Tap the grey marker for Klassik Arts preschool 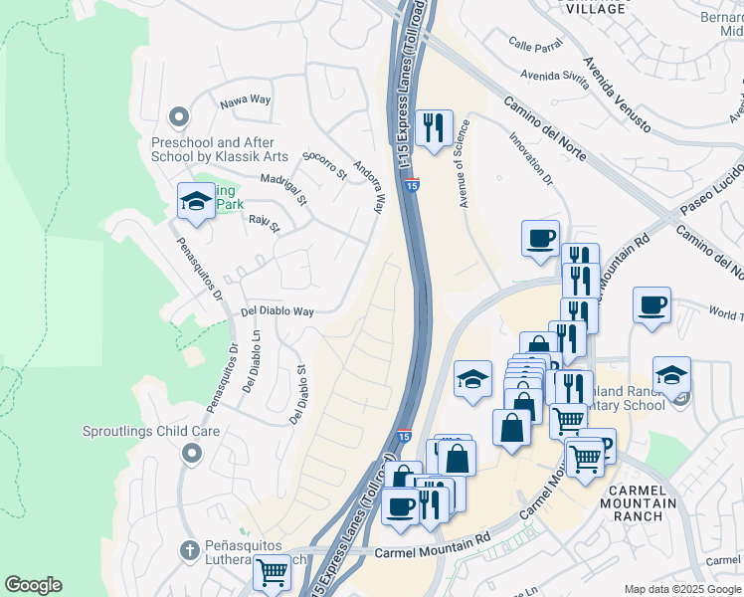click(178, 117)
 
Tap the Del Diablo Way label click(278, 311)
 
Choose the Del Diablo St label click(296, 394)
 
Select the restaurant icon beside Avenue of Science click(433, 128)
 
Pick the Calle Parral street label click(535, 44)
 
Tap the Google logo click(33, 585)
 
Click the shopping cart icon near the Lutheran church click(272, 572)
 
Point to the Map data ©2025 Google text click(682, 589)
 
